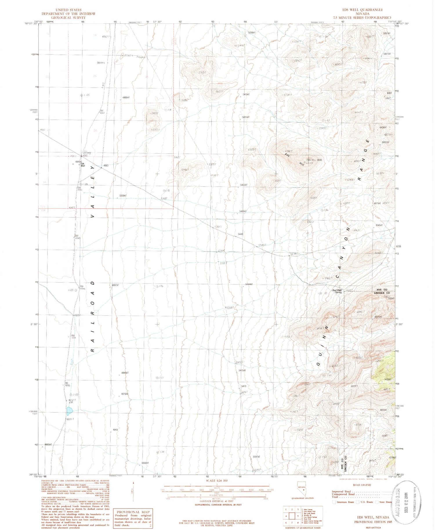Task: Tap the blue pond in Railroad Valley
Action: pyautogui.click(x=69, y=411)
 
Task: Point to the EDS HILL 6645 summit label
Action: pyautogui.click(x=315, y=160)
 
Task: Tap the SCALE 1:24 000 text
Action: pyautogui.click(x=217, y=481)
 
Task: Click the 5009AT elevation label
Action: pyautogui.click(x=122, y=196)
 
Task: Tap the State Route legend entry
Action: pyautogui.click(x=384, y=502)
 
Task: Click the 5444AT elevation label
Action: pyautogui.click(x=249, y=284)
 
